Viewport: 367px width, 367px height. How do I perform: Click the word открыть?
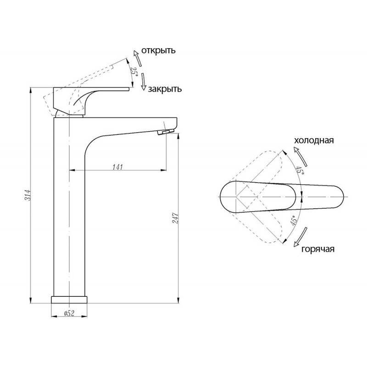pyautogui.click(x=158, y=50)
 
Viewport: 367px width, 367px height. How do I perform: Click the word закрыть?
pyautogui.click(x=165, y=89)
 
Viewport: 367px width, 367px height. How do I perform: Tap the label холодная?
pyautogui.click(x=314, y=140)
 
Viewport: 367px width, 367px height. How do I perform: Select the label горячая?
pyautogui.click(x=317, y=249)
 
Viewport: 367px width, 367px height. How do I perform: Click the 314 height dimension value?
pyautogui.click(x=28, y=195)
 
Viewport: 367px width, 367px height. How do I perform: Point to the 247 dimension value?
pyautogui.click(x=175, y=218)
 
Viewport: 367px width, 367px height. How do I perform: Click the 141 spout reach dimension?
pyautogui.click(x=117, y=167)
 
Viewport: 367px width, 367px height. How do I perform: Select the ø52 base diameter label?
pyautogui.click(x=69, y=313)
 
